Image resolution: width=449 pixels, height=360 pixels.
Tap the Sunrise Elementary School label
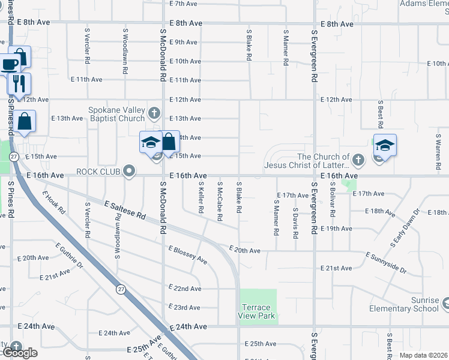409,304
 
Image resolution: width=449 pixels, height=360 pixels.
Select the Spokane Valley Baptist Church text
117,114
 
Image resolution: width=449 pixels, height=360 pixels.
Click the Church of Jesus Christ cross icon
358,160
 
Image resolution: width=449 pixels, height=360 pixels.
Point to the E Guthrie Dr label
71,257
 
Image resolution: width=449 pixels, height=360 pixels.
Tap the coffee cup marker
10,64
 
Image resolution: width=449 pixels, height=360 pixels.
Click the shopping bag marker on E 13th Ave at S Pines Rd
26,121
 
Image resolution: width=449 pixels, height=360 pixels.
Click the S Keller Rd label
201,200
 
